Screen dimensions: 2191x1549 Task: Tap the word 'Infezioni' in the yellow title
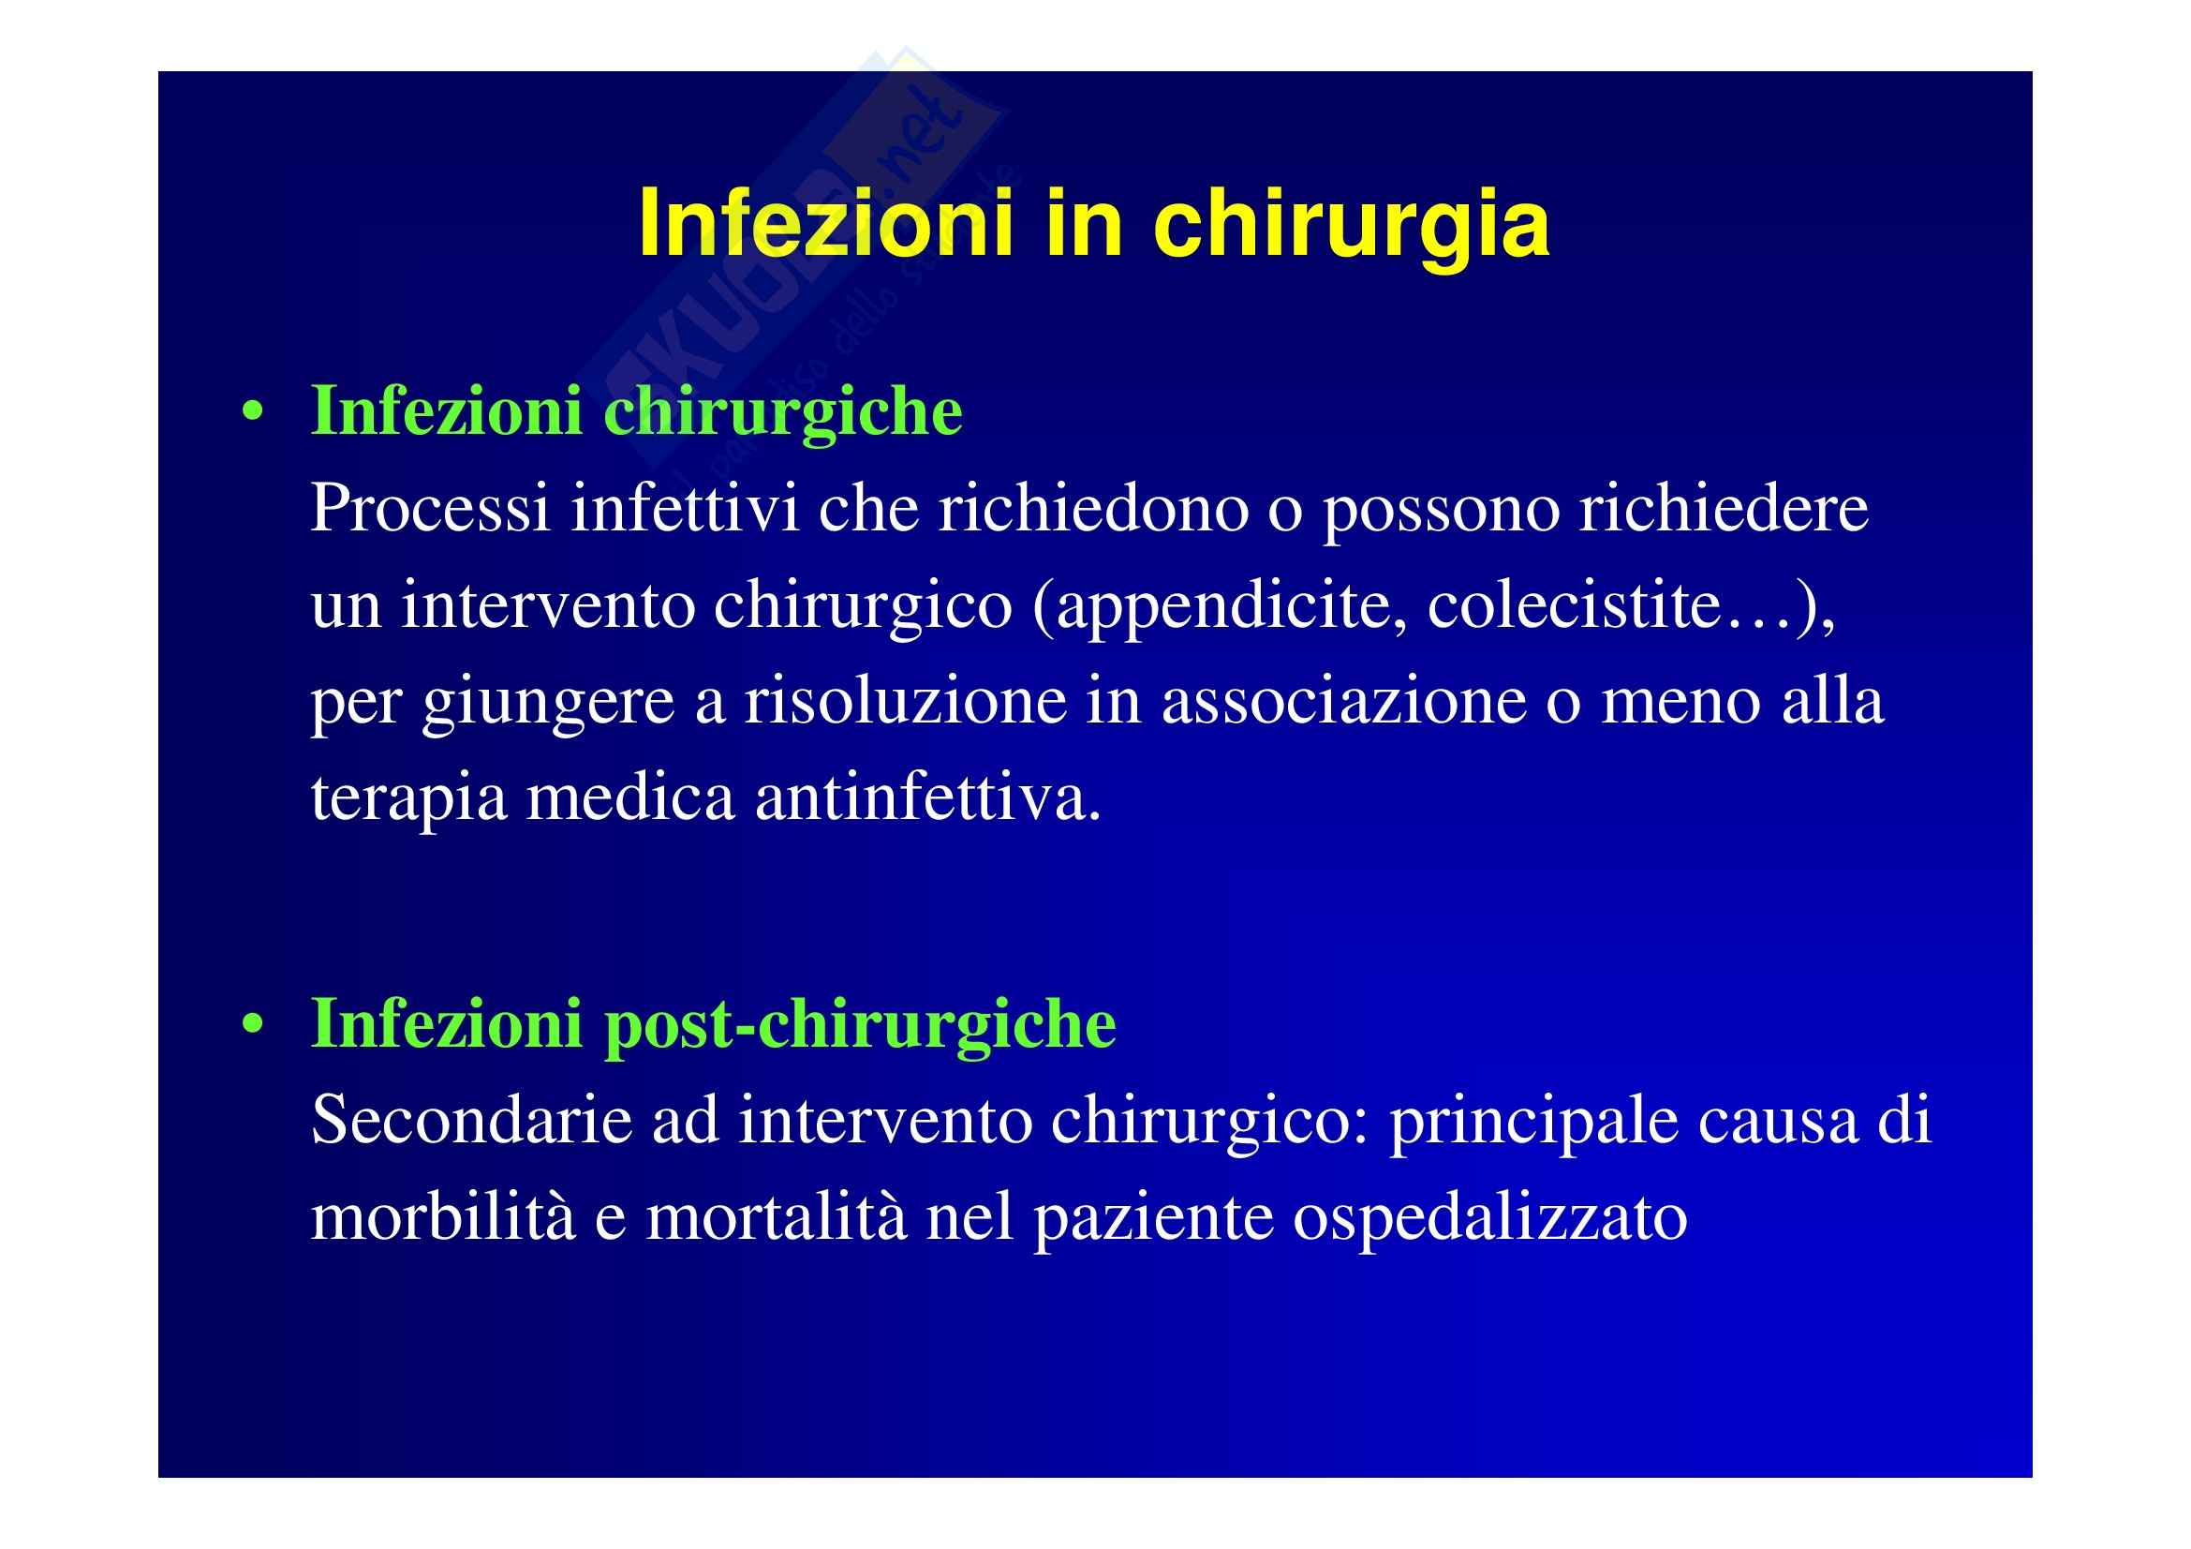tap(826, 222)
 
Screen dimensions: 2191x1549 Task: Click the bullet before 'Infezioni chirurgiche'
tap(253, 412)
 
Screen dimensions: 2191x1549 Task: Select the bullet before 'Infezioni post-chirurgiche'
tap(253, 1024)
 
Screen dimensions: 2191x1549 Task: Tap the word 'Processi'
tap(430, 508)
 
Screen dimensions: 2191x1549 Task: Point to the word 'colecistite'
tap(1574, 604)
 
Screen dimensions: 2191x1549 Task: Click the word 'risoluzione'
tap(906, 701)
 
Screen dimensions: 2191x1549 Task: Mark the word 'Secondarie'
tap(471, 1120)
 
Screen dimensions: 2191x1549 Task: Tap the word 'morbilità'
tap(444, 1216)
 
